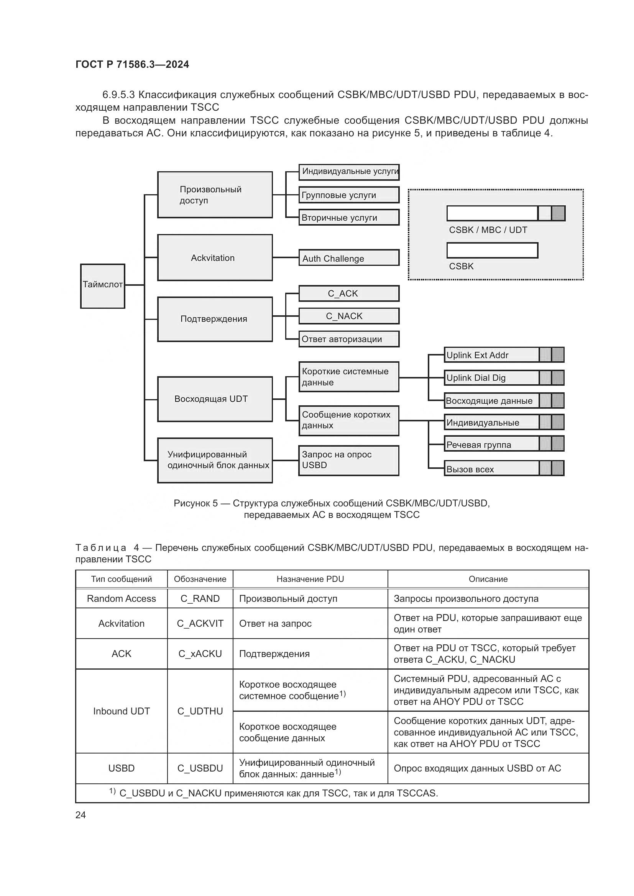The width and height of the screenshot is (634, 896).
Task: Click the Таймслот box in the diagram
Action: (103, 286)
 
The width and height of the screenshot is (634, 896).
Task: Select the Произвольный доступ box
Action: (215, 195)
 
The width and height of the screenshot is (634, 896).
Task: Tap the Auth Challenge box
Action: (348, 258)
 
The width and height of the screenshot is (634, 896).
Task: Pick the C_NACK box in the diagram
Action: (348, 316)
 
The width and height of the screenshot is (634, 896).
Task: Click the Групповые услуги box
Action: (348, 195)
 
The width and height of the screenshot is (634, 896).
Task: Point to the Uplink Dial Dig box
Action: (491, 378)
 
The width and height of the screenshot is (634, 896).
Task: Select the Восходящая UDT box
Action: (215, 399)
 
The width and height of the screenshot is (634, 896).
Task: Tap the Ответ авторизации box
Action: (348, 339)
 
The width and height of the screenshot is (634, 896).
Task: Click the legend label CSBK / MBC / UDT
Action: (488, 230)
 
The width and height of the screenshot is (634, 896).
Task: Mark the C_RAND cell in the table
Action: (200, 599)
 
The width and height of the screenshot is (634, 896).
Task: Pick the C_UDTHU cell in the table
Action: (200, 711)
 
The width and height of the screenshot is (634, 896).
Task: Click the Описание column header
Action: (488, 579)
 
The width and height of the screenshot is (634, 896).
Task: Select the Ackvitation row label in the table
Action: (122, 623)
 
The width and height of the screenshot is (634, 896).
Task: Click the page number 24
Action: (80, 815)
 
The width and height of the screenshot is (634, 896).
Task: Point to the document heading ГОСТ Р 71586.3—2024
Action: (132, 64)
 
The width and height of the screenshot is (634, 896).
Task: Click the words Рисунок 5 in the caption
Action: (195, 503)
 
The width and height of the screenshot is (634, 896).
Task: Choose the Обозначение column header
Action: (200, 579)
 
